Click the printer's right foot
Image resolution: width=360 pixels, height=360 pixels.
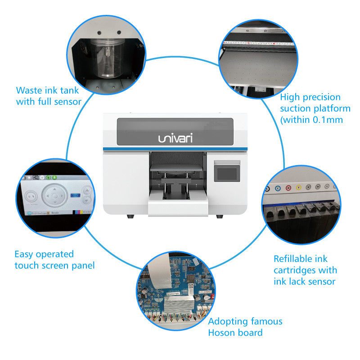219,216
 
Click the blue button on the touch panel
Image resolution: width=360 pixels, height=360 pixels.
75,195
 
